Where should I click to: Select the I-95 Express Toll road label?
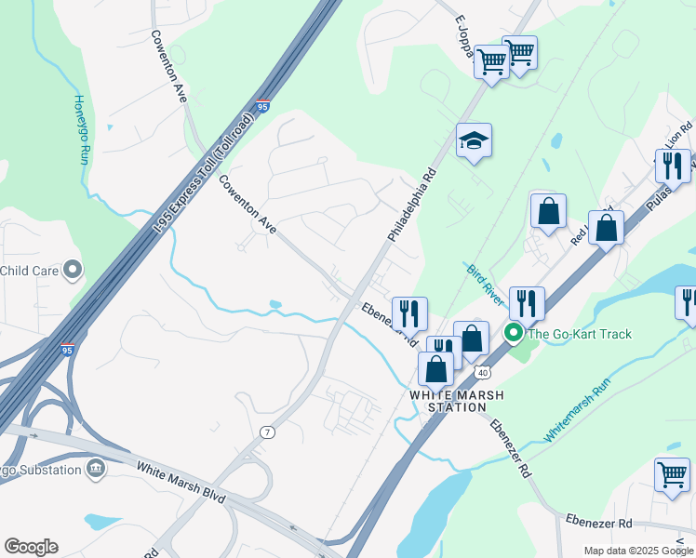[x=204, y=173]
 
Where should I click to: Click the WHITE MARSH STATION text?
[x=458, y=401]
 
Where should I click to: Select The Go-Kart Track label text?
[x=580, y=334]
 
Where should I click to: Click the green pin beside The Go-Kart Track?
[x=513, y=333]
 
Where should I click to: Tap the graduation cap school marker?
[x=474, y=141]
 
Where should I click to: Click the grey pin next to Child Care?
[x=73, y=272]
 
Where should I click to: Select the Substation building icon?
[x=95, y=470]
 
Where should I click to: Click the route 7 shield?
[x=268, y=432]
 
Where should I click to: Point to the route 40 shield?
[x=480, y=372]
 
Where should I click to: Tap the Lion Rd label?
[x=678, y=139]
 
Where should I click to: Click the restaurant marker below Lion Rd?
[x=672, y=166]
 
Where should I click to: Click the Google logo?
[x=31, y=547]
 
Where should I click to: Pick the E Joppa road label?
[x=463, y=37]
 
